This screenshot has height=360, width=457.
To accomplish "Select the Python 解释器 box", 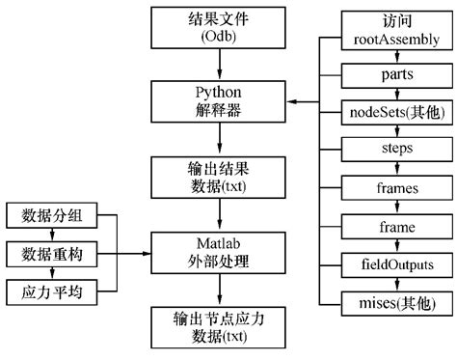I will pyautogui.click(x=220, y=101).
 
